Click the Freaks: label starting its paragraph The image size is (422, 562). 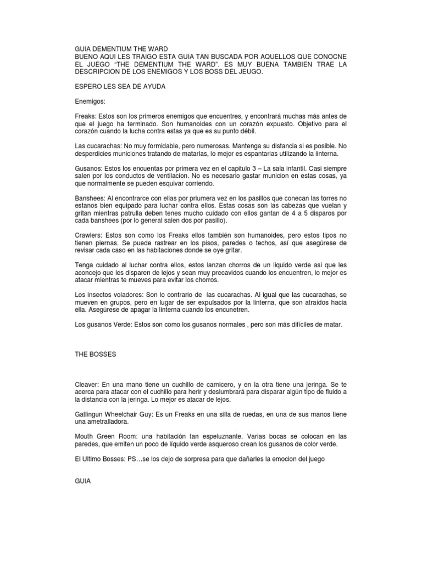point(85,117)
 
